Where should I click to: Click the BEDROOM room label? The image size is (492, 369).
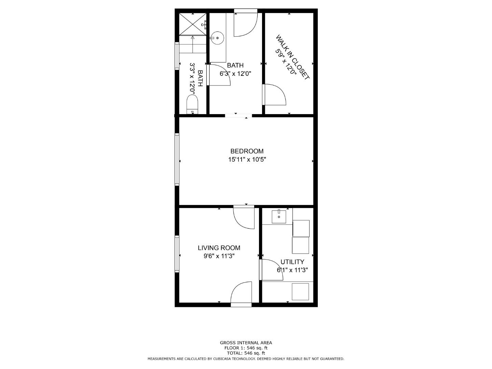coord(247,151)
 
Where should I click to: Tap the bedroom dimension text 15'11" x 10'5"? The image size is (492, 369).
coord(247,159)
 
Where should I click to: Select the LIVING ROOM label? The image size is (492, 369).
coord(219,248)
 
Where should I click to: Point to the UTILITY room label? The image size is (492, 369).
coord(292,262)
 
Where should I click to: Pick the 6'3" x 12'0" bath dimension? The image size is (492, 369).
coord(235,73)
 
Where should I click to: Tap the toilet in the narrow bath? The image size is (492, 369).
coord(192,104)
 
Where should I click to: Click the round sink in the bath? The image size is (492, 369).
coord(217,38)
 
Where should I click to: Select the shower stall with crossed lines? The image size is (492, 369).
coord(193,24)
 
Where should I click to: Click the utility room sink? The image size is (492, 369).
coord(279,217)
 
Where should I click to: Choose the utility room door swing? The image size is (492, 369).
coord(271,270)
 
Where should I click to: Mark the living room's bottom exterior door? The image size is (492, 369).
coord(242,293)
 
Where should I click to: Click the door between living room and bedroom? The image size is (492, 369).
coord(244,217)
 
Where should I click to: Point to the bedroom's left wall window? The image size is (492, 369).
coord(177,159)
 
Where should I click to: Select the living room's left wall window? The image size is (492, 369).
coord(177,254)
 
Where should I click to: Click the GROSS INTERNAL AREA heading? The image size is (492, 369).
coord(246,343)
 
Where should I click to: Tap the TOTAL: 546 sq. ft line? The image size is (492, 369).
coord(246,353)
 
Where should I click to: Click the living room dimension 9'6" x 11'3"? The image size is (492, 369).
coord(219,256)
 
